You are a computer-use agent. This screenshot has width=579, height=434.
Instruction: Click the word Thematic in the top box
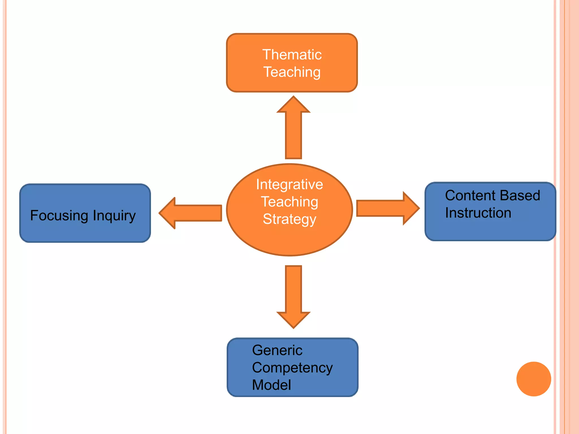click(292, 55)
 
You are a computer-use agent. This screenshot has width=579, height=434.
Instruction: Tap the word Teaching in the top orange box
click(292, 72)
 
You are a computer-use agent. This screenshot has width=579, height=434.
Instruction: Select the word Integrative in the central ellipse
click(289, 185)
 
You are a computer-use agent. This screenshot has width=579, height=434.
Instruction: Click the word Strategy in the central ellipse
click(289, 219)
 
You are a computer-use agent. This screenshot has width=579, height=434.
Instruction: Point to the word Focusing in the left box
click(59, 216)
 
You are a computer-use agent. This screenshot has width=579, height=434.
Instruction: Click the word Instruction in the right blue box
click(478, 213)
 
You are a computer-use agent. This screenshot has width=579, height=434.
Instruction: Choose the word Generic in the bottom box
click(277, 350)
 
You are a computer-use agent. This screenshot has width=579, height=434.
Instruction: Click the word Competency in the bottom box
click(292, 368)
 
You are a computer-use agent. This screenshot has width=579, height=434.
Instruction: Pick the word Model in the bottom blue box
click(271, 385)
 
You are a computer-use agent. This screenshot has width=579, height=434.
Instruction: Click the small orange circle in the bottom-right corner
click(533, 379)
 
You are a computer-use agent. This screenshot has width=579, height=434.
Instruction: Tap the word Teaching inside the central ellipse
click(289, 202)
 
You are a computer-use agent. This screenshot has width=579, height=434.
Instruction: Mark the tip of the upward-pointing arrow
click(293, 97)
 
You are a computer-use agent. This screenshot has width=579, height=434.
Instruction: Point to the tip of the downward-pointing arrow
click(293, 328)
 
